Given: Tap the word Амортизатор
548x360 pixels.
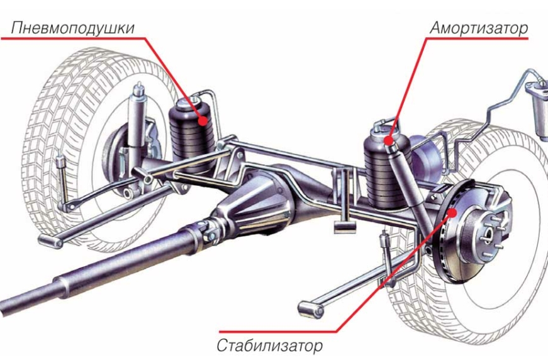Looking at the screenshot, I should (478, 28).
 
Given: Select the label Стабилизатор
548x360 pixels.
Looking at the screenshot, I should (270, 345).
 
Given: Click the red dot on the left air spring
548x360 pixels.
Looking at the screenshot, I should (203, 119).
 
